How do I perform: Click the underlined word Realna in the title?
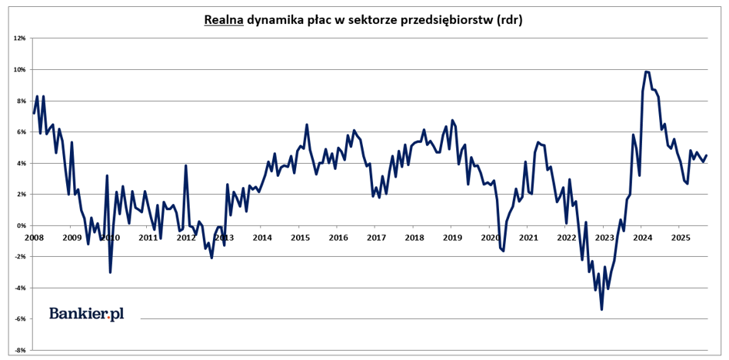point(224,20)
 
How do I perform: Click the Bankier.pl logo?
point(86,313)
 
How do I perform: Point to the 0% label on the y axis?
point(22,225)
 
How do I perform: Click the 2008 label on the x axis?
point(33,237)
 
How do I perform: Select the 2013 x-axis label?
point(224,237)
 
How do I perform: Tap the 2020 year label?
point(490,237)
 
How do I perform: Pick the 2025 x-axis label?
point(680,237)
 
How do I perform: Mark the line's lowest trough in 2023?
point(601,309)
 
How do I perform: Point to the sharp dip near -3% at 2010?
point(110,272)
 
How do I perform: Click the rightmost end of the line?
point(706,155)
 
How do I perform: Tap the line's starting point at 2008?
point(33,113)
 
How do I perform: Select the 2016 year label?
point(338,237)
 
